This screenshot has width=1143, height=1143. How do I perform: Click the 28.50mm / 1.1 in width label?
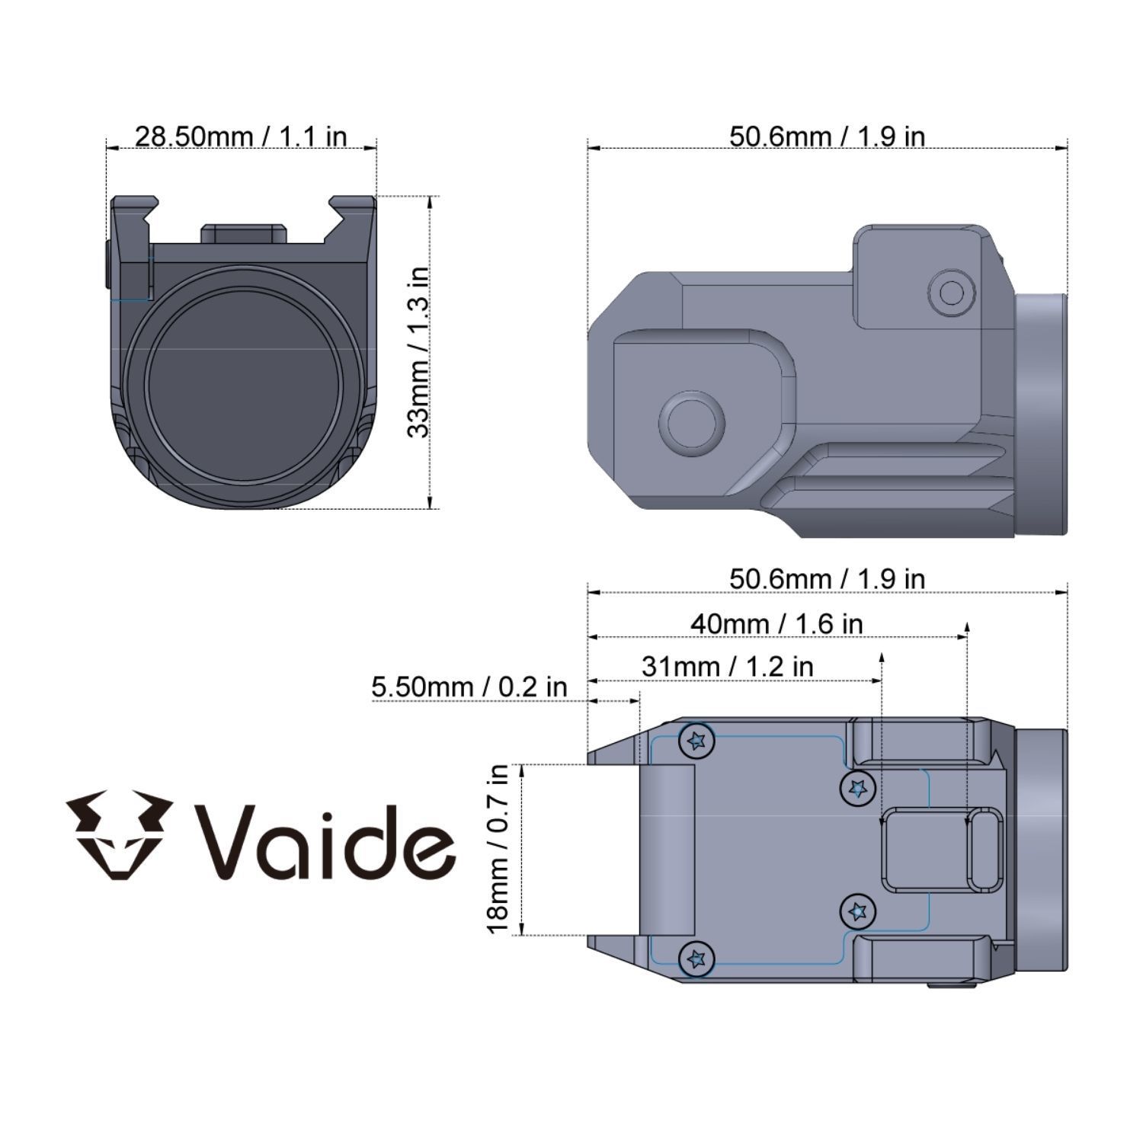coord(241,137)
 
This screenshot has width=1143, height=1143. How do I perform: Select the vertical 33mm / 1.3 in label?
coord(418,351)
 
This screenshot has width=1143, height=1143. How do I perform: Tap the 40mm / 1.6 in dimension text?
coord(776,624)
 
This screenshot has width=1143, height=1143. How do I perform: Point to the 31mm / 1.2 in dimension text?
coord(727,667)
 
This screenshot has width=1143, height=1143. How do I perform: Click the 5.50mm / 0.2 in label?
coord(469,687)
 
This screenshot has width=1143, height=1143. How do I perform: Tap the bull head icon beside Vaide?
coord(117,836)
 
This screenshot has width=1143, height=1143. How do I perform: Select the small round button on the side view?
coord(952,292)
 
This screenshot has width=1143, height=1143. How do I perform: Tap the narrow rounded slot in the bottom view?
coord(985,850)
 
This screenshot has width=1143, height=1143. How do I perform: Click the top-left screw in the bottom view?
coord(696,740)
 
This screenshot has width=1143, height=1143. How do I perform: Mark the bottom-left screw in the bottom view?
coord(696,958)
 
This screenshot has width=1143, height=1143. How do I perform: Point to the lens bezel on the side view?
coord(1041,414)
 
